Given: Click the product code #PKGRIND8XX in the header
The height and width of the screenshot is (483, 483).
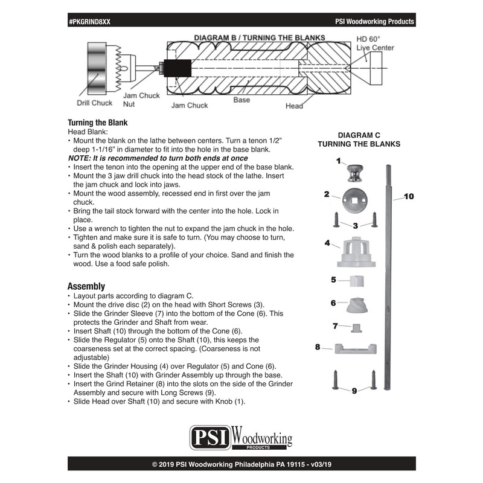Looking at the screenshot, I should (x=90, y=21).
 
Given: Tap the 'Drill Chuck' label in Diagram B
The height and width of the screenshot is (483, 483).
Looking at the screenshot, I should (x=94, y=103).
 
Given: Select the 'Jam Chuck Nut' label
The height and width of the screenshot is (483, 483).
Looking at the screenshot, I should (x=141, y=100).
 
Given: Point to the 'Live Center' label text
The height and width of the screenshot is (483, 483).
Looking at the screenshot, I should (x=375, y=48).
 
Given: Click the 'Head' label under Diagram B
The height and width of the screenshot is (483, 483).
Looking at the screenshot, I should (x=294, y=106).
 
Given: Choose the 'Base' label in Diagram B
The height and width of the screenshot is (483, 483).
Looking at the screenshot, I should (x=241, y=100).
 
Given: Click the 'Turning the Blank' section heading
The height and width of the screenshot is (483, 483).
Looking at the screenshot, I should (x=97, y=121).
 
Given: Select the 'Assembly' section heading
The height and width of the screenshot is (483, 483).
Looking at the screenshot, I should (x=86, y=286).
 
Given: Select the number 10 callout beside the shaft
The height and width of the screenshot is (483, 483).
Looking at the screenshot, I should (x=409, y=197).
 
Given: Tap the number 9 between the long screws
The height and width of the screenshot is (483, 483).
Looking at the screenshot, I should (x=354, y=391).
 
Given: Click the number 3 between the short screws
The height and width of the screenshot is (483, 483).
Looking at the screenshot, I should (x=356, y=225).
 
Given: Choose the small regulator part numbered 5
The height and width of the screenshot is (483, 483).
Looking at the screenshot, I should (x=357, y=281).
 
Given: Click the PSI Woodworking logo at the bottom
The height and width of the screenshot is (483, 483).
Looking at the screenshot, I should (x=241, y=437).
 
